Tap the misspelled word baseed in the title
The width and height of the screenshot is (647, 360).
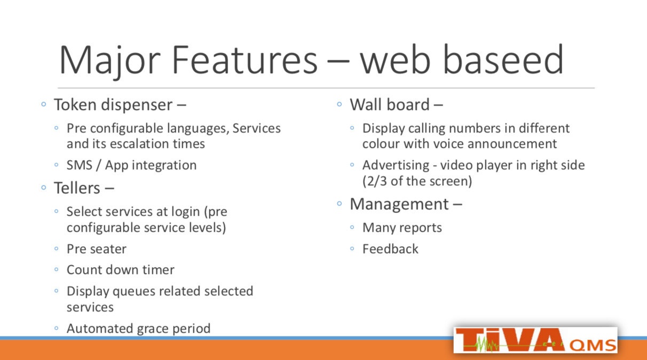[503, 59]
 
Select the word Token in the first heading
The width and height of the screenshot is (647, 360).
[75, 105]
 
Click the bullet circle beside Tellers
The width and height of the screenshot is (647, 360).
[44, 188]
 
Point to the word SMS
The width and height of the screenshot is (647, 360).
[80, 165]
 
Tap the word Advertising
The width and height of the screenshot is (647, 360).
[396, 165]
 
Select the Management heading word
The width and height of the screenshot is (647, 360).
[399, 204]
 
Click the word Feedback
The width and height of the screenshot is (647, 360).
[390, 249]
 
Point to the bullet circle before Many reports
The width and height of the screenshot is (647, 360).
[352, 228]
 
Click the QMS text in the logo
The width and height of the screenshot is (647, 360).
[593, 346]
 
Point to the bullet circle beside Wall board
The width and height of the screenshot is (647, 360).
[340, 104]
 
